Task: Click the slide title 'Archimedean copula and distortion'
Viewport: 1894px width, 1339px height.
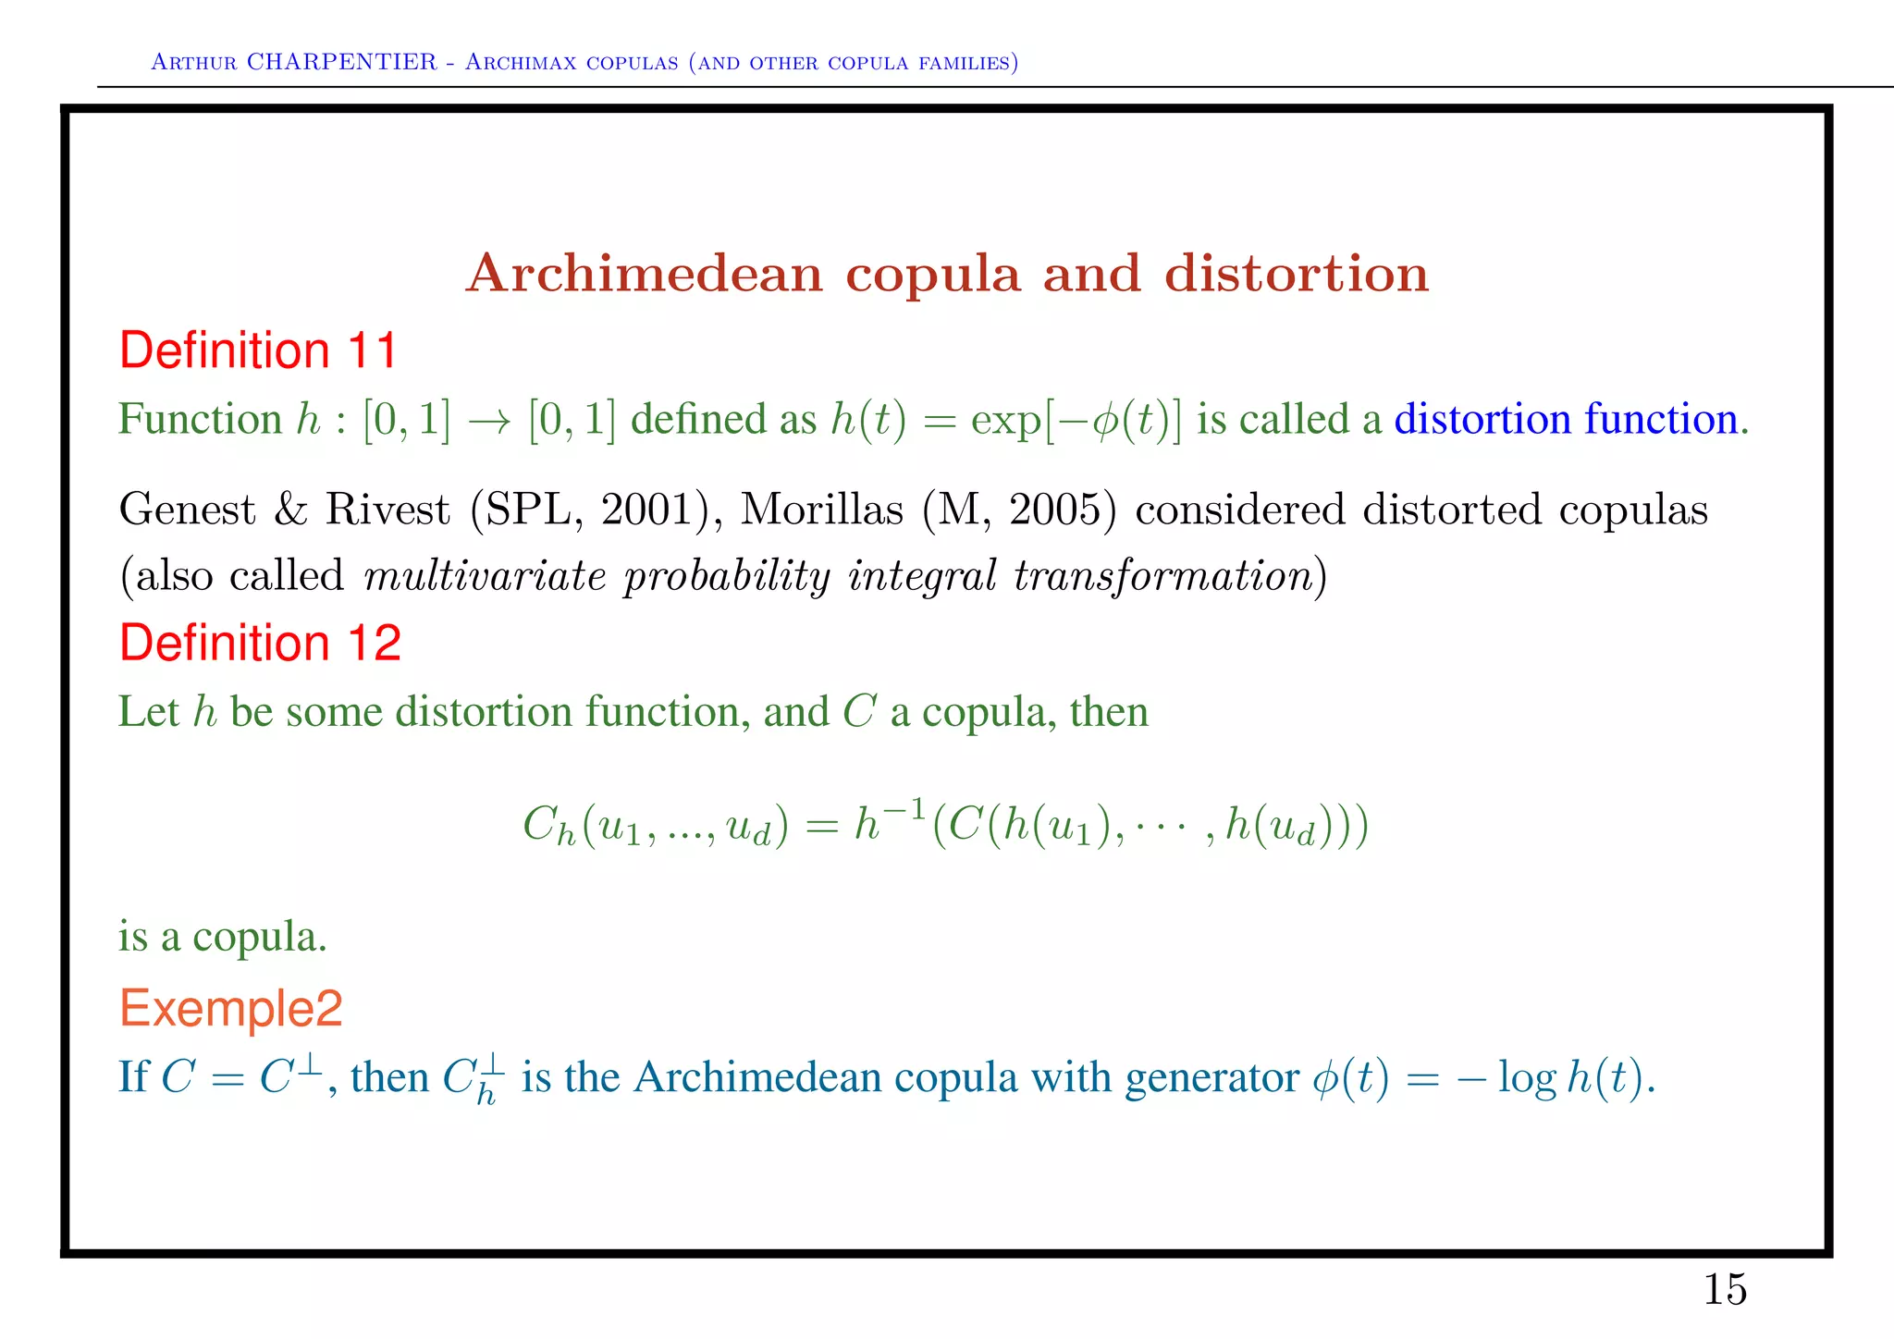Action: point(947,274)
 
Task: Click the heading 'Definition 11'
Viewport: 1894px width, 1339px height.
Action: point(258,351)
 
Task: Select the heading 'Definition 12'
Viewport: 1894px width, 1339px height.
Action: point(260,643)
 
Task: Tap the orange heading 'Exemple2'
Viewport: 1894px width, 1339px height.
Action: point(230,1008)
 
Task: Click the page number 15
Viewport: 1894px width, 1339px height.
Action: point(1725,1290)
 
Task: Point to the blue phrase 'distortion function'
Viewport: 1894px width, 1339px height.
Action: point(1566,419)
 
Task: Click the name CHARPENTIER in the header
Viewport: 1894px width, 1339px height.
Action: point(341,62)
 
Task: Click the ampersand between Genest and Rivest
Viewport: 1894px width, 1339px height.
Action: point(290,510)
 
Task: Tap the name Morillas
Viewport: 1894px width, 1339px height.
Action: point(821,510)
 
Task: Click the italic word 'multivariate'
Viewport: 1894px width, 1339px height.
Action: point(485,576)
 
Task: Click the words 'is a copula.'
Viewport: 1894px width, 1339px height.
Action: point(222,937)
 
